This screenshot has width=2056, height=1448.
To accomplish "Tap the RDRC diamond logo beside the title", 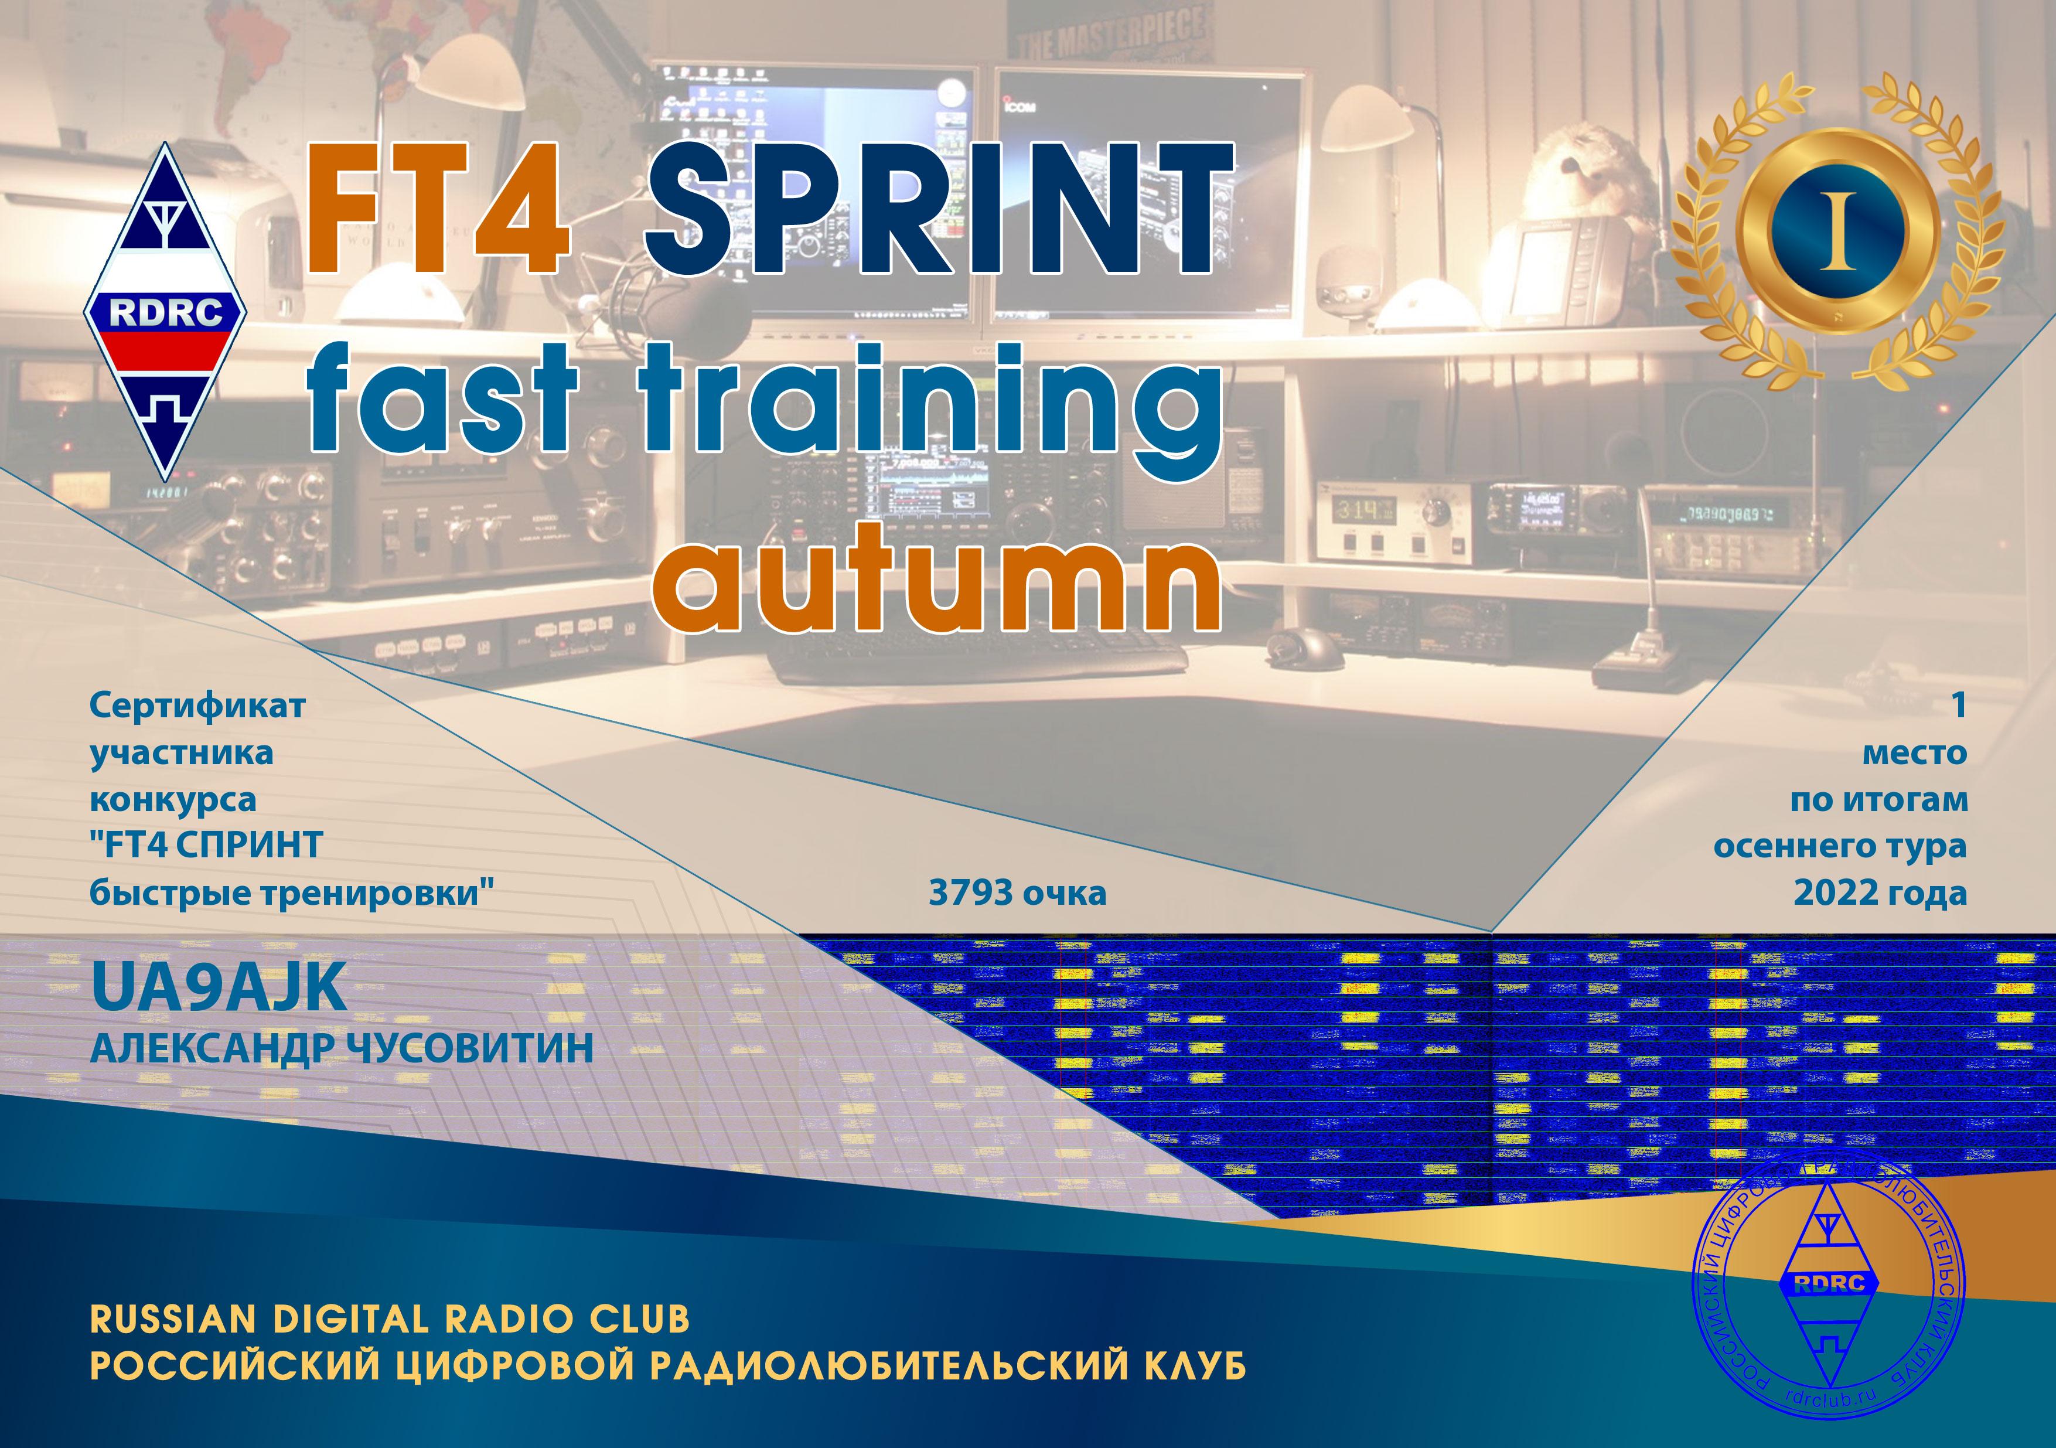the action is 166,312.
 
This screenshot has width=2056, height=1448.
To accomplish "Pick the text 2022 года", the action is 1880,893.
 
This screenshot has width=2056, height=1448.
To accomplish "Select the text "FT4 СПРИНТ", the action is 206,846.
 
